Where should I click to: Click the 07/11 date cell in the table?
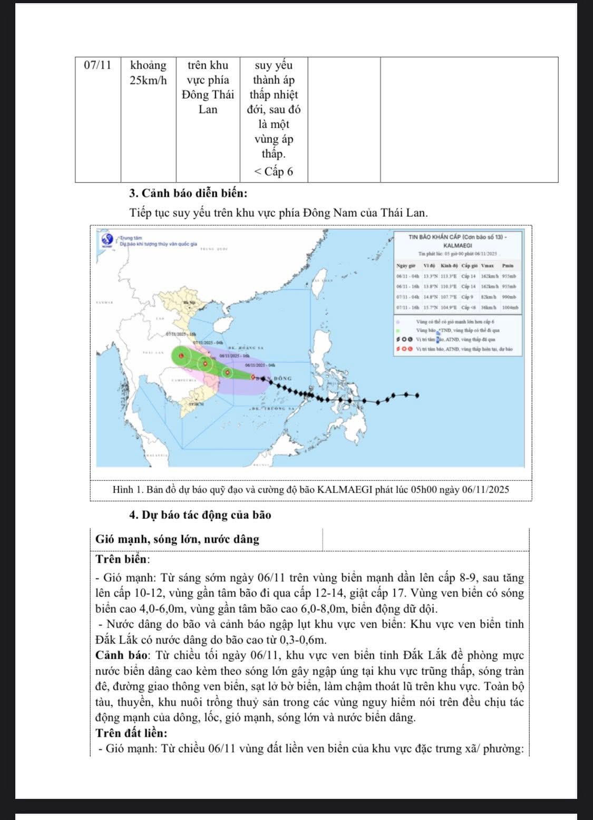point(98,65)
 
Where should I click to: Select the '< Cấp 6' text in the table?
point(274,171)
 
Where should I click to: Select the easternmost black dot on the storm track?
point(417,395)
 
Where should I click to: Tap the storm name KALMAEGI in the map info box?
point(458,245)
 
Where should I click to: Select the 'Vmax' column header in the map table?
point(488,265)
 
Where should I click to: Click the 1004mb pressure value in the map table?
point(510,307)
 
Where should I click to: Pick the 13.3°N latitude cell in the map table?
point(431,276)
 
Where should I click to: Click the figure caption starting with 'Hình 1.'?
point(310,489)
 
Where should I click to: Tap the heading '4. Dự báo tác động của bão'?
point(200,515)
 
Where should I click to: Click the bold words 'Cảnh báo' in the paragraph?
point(118,655)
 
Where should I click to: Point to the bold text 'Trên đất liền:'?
point(131,733)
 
